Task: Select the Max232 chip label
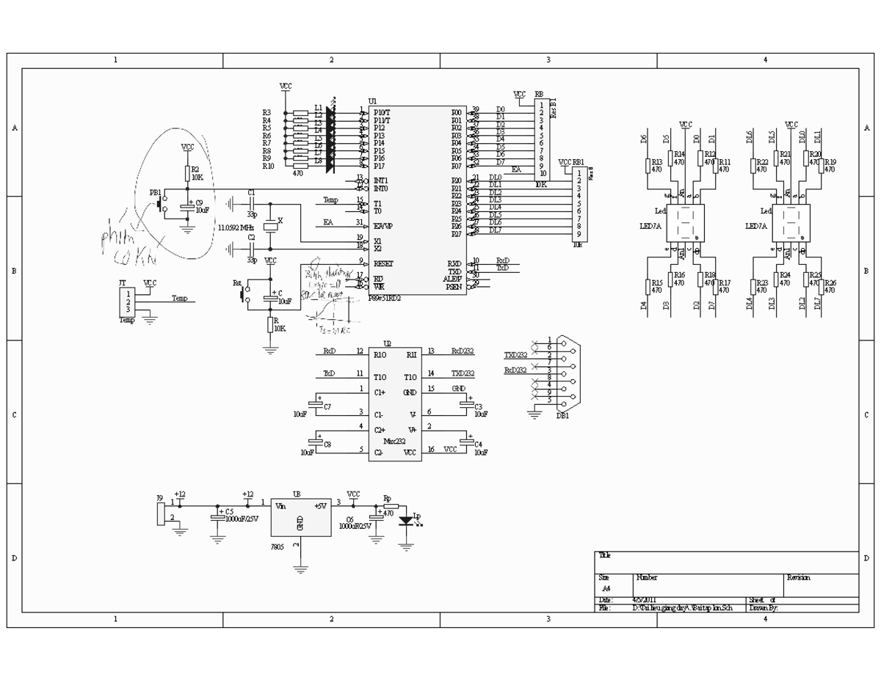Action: (x=394, y=441)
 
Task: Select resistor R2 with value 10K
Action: (x=186, y=173)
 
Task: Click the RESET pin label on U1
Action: (x=384, y=263)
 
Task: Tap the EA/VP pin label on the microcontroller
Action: (x=384, y=226)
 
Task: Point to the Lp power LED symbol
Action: (x=406, y=520)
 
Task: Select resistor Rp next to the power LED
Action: (x=390, y=506)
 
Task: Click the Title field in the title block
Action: (x=605, y=555)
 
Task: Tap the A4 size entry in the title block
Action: (x=606, y=588)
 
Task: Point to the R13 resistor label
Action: (x=656, y=163)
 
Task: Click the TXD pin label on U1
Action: (x=454, y=271)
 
